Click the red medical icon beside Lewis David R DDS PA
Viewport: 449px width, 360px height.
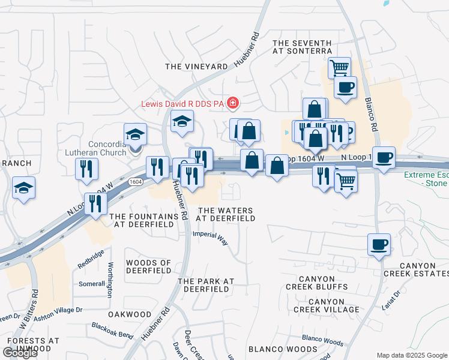[232, 104]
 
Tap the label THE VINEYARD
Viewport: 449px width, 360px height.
[196, 67]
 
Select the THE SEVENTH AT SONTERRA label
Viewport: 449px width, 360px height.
[302, 47]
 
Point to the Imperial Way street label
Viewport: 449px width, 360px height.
[211, 239]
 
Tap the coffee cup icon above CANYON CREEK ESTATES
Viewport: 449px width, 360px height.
[379, 245]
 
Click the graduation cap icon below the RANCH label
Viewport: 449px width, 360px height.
[24, 188]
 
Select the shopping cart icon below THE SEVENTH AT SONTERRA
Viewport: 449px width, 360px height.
[340, 67]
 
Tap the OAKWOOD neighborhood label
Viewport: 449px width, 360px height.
[130, 314]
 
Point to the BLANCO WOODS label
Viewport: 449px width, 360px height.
[274, 349]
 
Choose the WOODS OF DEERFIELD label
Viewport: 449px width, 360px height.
[148, 267]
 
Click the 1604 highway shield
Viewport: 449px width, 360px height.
[136, 182]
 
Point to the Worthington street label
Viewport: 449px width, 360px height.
[110, 280]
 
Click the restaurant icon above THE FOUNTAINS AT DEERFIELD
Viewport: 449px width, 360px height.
[95, 204]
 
